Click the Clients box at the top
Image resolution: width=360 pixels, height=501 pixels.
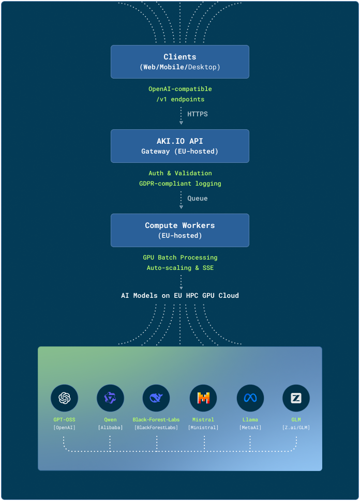click(180, 62)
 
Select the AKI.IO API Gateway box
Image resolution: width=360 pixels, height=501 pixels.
click(180, 146)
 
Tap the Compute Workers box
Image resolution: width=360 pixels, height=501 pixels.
click(180, 230)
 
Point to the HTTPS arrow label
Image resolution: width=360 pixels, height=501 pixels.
click(198, 114)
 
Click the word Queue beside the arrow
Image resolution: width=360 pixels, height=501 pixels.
click(198, 198)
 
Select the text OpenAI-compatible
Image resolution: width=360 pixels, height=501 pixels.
click(180, 89)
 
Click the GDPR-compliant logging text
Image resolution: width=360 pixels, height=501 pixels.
click(180, 184)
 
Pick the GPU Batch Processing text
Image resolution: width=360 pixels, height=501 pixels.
click(180, 257)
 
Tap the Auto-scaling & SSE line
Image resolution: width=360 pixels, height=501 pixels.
click(180, 268)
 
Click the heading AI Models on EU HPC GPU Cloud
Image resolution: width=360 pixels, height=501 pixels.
click(180, 296)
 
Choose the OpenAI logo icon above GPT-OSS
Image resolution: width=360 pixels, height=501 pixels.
click(64, 398)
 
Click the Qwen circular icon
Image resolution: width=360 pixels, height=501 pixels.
click(110, 398)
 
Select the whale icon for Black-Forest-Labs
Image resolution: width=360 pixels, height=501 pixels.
click(156, 398)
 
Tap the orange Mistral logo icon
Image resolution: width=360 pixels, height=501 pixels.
click(203, 398)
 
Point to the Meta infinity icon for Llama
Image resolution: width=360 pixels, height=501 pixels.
click(250, 398)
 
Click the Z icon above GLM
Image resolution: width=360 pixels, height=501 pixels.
click(296, 398)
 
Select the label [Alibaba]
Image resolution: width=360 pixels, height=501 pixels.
click(110, 428)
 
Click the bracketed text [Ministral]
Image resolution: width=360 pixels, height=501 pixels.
click(203, 428)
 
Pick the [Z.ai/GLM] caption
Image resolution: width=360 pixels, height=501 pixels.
click(296, 428)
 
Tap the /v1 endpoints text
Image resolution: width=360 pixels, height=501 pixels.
click(180, 99)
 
